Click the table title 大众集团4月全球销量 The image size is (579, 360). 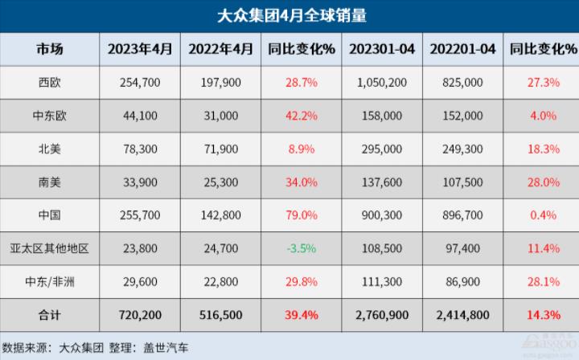289,15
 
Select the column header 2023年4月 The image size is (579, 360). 141,49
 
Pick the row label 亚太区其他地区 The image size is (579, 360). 48,247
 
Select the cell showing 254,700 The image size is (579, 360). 141,83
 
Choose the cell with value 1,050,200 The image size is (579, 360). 382,83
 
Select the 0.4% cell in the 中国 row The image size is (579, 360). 543,215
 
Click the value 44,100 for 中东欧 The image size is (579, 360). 141,116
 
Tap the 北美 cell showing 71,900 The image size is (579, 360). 220,149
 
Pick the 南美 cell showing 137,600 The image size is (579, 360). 382,182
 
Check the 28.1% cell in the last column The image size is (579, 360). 543,280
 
